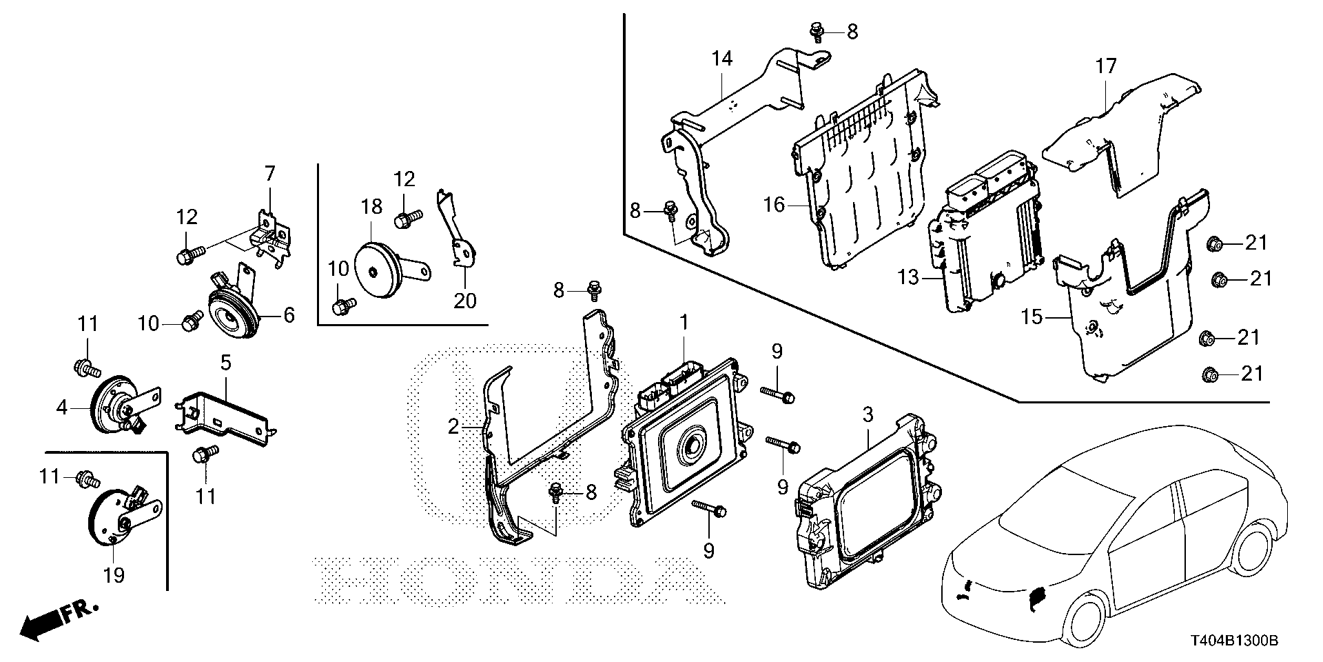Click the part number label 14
pos(721,59)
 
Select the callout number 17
pos(1106,67)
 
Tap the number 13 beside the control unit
pos(908,277)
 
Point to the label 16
pos(775,205)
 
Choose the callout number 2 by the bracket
pos(453,427)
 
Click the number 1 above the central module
pos(684,322)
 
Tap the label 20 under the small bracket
pos(465,301)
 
